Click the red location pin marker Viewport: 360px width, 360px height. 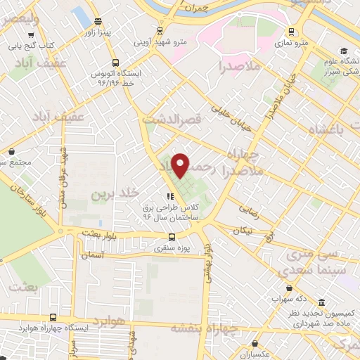(181, 165)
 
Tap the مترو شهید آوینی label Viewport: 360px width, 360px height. (160, 41)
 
